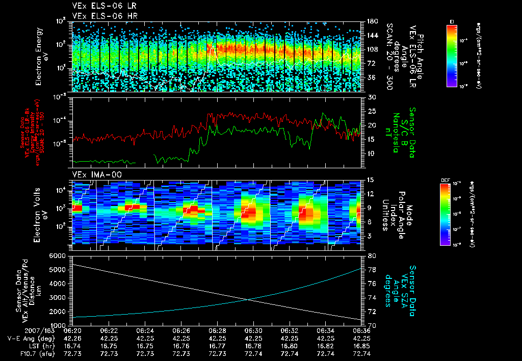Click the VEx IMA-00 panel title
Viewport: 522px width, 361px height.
[x=93, y=174]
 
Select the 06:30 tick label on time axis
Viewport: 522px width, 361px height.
[x=253, y=330]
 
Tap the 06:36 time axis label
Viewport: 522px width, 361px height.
[x=361, y=330]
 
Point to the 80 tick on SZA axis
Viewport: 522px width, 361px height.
[x=372, y=255]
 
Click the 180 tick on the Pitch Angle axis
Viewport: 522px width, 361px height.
[x=372, y=21]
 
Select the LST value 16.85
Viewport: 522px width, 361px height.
[x=361, y=345]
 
